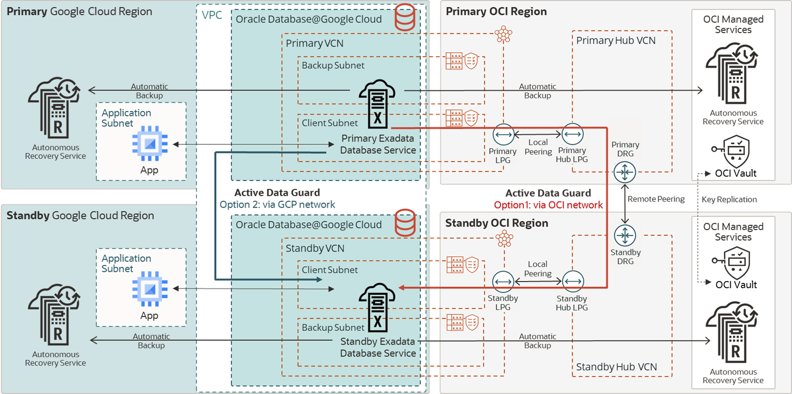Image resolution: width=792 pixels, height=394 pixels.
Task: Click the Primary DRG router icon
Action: click(624, 172)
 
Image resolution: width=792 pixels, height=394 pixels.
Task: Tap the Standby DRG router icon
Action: click(625, 235)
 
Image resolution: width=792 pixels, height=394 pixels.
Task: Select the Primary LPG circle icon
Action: click(503, 135)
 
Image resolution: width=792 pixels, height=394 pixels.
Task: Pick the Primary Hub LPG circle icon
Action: click(573, 134)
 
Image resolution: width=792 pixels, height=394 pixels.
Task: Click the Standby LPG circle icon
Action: click(503, 282)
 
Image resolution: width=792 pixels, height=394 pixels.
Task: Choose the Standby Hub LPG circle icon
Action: click(573, 282)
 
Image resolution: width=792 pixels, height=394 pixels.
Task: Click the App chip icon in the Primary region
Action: click(150, 144)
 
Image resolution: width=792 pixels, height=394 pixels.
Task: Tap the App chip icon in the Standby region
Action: click(150, 289)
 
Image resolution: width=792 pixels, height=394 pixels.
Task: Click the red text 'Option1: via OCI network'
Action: click(548, 205)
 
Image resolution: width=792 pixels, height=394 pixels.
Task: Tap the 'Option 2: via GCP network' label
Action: click(278, 205)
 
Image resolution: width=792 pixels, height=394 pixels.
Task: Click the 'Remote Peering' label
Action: click(656, 199)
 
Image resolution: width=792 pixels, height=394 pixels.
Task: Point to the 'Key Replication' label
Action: click(729, 200)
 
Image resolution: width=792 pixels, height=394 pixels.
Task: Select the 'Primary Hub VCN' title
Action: click(615, 41)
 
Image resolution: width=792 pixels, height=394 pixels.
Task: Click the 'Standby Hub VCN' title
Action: click(616, 367)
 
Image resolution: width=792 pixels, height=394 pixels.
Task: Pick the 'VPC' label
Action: click(212, 15)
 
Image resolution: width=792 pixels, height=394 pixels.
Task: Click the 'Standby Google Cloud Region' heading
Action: click(80, 216)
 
